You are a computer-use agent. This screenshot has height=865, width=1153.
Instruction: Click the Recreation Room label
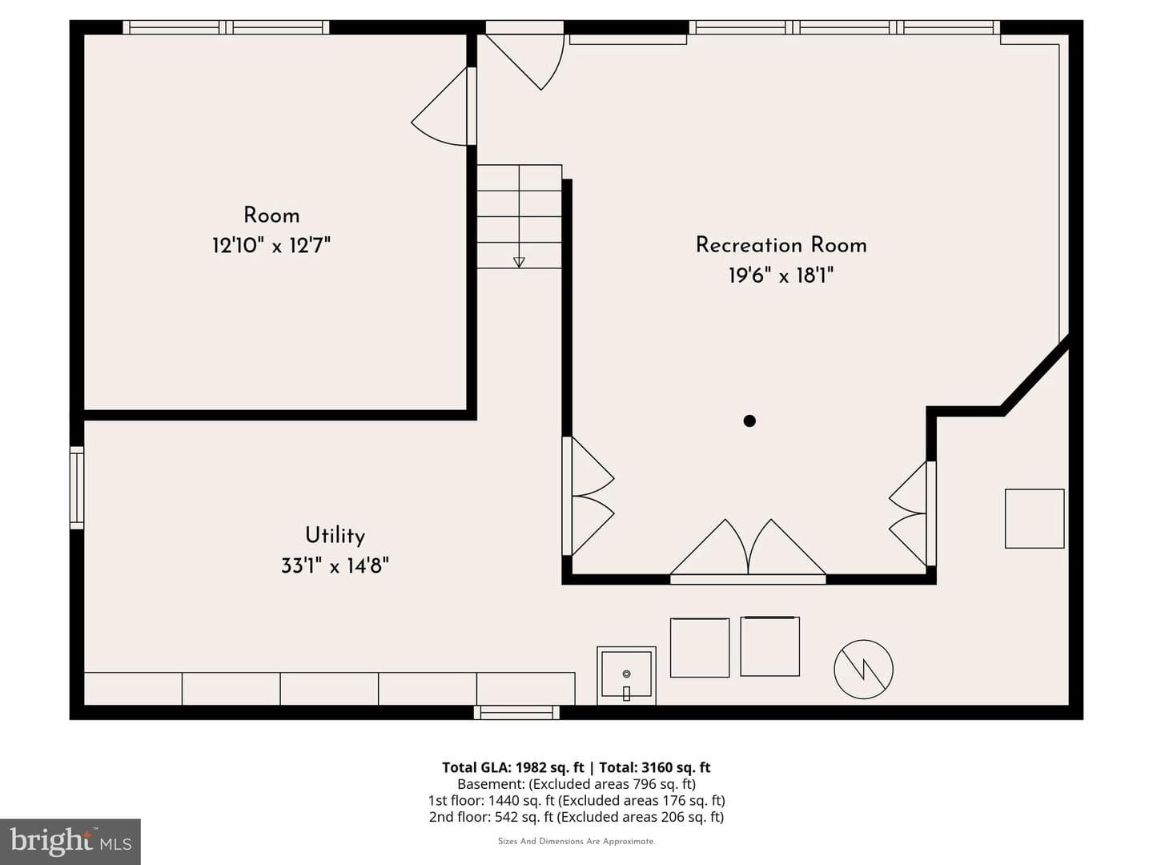781,245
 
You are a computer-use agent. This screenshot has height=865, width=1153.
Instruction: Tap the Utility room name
335,536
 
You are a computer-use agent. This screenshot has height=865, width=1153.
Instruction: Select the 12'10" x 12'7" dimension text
271,245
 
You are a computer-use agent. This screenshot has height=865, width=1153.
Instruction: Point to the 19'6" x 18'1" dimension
781,276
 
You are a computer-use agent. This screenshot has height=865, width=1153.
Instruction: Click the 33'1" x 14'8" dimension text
335,566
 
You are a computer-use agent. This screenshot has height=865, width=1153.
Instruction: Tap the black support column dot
749,420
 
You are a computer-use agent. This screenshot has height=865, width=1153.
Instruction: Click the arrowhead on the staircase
519,263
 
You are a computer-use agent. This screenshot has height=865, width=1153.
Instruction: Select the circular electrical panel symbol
863,670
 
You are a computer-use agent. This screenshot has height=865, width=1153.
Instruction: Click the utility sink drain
626,674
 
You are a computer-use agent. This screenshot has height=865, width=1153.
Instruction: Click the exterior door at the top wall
524,55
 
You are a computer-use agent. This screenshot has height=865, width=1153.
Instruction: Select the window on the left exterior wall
77,488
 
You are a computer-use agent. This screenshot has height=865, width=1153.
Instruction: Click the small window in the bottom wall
517,713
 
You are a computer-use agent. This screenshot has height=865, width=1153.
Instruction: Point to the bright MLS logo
70,842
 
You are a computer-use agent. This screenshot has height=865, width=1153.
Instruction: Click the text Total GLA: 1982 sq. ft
513,767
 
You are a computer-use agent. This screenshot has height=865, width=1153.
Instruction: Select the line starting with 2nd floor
576,817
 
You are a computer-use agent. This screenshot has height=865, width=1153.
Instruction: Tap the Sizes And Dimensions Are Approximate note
576,841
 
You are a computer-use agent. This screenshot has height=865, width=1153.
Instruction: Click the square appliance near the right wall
1034,519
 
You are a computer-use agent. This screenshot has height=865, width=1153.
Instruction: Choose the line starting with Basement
576,784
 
